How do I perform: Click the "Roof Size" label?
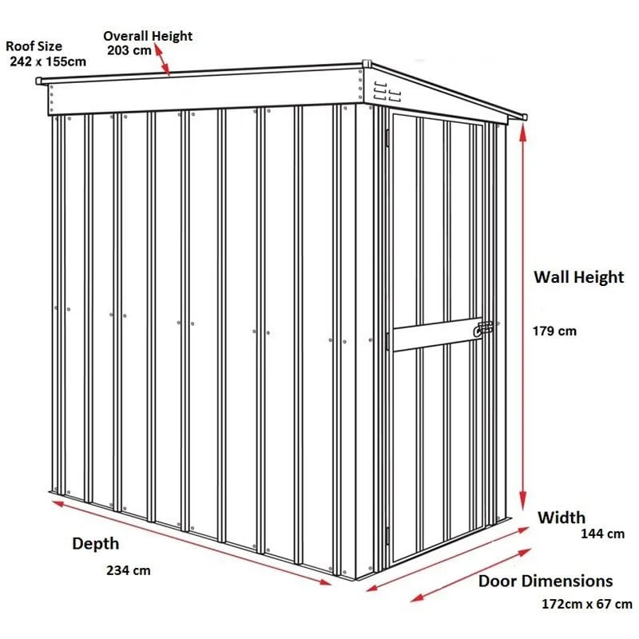coord(34,46)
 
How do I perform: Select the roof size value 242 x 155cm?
coord(48,62)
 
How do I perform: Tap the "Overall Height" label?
coord(148,36)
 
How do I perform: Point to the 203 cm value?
coord(129,50)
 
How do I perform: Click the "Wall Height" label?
coord(578,277)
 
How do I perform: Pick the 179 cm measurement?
coord(554,331)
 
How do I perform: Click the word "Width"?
coord(562,518)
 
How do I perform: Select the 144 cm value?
coord(602,534)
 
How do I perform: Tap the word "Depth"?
coord(96,544)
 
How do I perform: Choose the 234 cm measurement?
coord(129,570)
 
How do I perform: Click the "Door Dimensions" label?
coord(546,581)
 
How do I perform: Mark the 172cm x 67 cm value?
coord(587,604)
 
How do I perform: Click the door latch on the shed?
coord(483,329)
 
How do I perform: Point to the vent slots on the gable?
coord(387,91)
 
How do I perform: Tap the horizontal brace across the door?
coord(438,334)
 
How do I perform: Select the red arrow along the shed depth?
coord(192,543)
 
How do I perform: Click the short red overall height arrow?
coord(162,61)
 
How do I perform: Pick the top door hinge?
coord(387,137)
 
